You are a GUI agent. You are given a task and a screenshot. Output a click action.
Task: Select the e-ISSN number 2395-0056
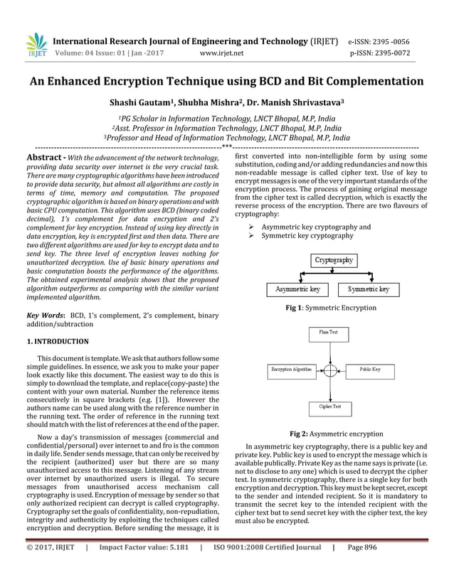coord(403,41)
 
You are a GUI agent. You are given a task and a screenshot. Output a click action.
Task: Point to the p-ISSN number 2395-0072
coord(402,53)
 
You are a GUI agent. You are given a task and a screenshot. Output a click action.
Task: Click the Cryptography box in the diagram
coord(334,261)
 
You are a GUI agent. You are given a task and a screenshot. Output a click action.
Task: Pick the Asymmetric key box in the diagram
coord(297,290)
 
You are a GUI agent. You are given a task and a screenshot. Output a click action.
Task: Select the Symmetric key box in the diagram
coord(369,290)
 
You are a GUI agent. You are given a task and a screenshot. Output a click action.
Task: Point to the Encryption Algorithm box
coord(292,370)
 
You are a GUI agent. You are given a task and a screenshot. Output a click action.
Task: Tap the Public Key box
coord(369,370)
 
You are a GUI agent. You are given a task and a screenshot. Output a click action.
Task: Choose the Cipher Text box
coord(329,407)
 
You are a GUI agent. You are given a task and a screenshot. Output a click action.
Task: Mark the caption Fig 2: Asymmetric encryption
coord(336,434)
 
